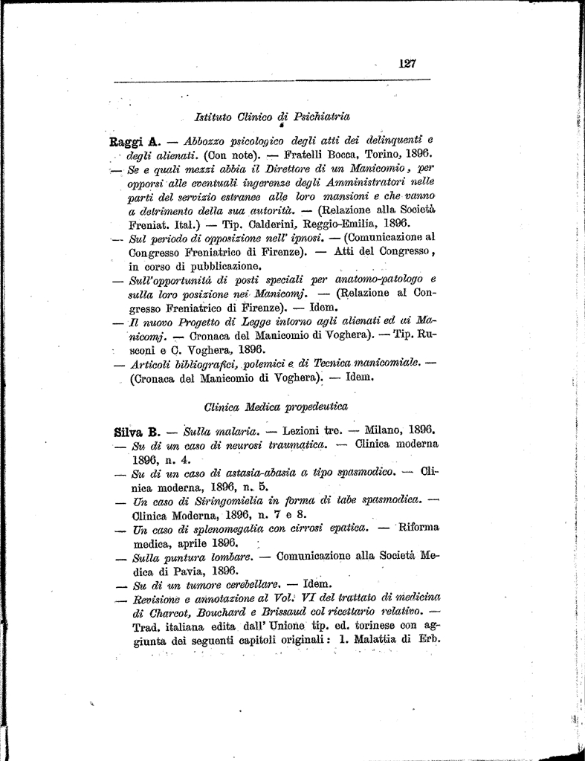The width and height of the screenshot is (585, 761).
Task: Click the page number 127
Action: pos(407,64)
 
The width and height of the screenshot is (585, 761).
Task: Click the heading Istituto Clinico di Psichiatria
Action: pos(271,117)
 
